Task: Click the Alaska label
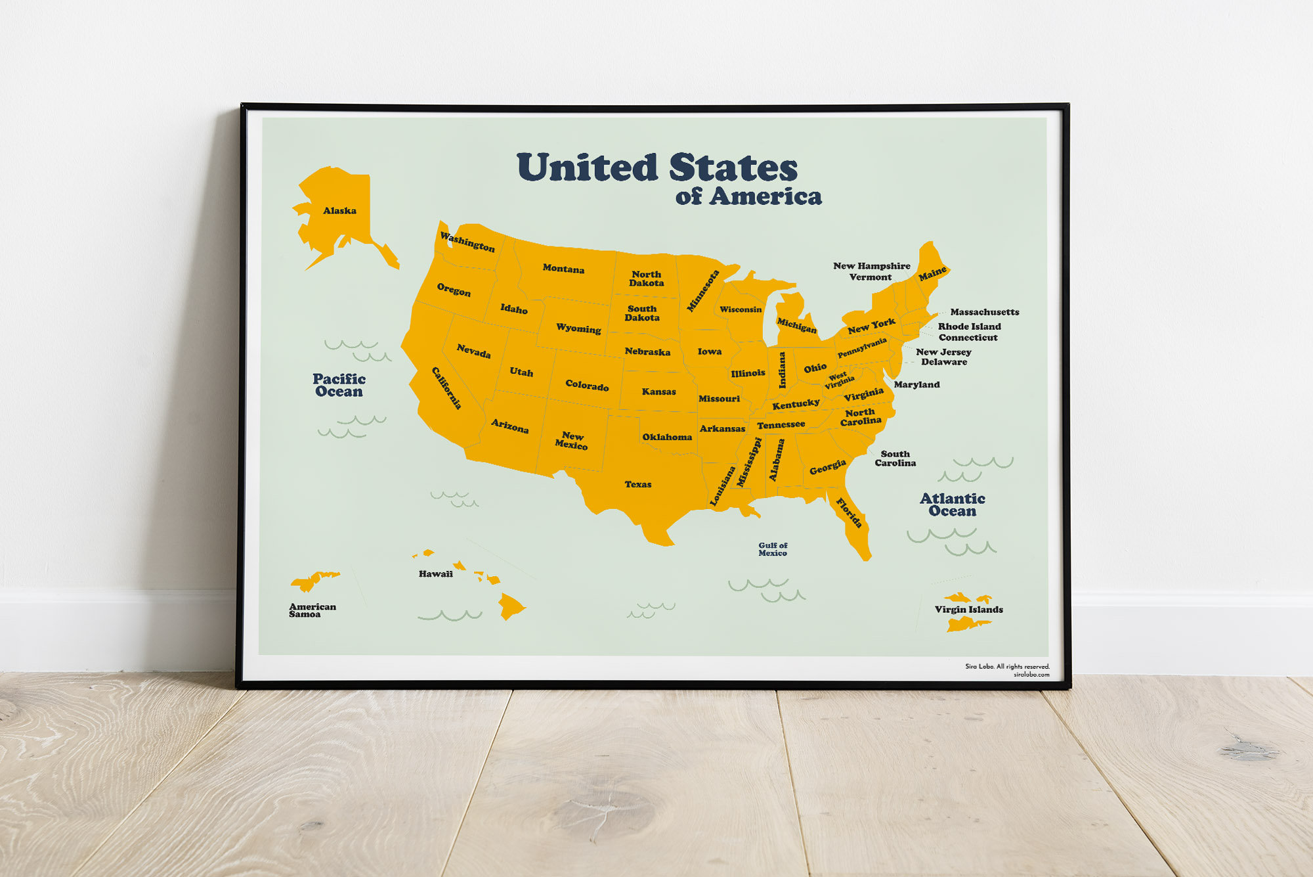pos(339,211)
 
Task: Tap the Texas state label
pos(637,485)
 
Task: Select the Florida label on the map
pos(849,513)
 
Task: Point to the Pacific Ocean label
pos(339,385)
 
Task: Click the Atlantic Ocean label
pos(952,505)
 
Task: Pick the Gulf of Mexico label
pos(773,549)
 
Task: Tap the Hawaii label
pos(435,574)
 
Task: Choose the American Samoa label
pos(312,610)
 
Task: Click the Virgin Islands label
pos(968,610)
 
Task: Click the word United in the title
pos(587,168)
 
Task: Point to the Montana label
pos(563,269)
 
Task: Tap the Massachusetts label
pos(984,312)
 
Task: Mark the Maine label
pos(932,273)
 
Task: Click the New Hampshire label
pos(871,266)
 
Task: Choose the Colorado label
pos(587,386)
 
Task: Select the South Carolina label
pos(895,459)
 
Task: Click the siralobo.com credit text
pos(1031,675)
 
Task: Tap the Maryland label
pos(916,385)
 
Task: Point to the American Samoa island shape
pos(314,581)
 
